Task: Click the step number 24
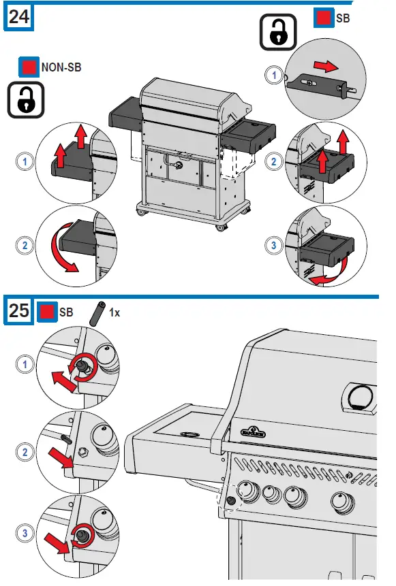click(x=18, y=17)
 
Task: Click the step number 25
click(x=18, y=310)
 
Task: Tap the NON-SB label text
click(x=61, y=67)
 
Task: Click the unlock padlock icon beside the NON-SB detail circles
click(x=26, y=100)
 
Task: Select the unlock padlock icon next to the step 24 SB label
click(x=278, y=32)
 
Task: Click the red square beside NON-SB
click(x=29, y=67)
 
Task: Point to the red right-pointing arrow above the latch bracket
click(x=326, y=67)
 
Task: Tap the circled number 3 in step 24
click(x=273, y=246)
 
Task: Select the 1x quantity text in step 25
click(x=115, y=312)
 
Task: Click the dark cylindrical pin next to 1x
click(x=97, y=314)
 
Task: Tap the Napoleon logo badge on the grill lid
click(x=253, y=432)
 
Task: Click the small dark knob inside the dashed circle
click(x=231, y=500)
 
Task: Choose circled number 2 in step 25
click(x=25, y=452)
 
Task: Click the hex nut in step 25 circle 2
click(x=82, y=452)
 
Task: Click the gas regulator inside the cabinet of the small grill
click(x=179, y=165)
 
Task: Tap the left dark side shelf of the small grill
click(x=126, y=113)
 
